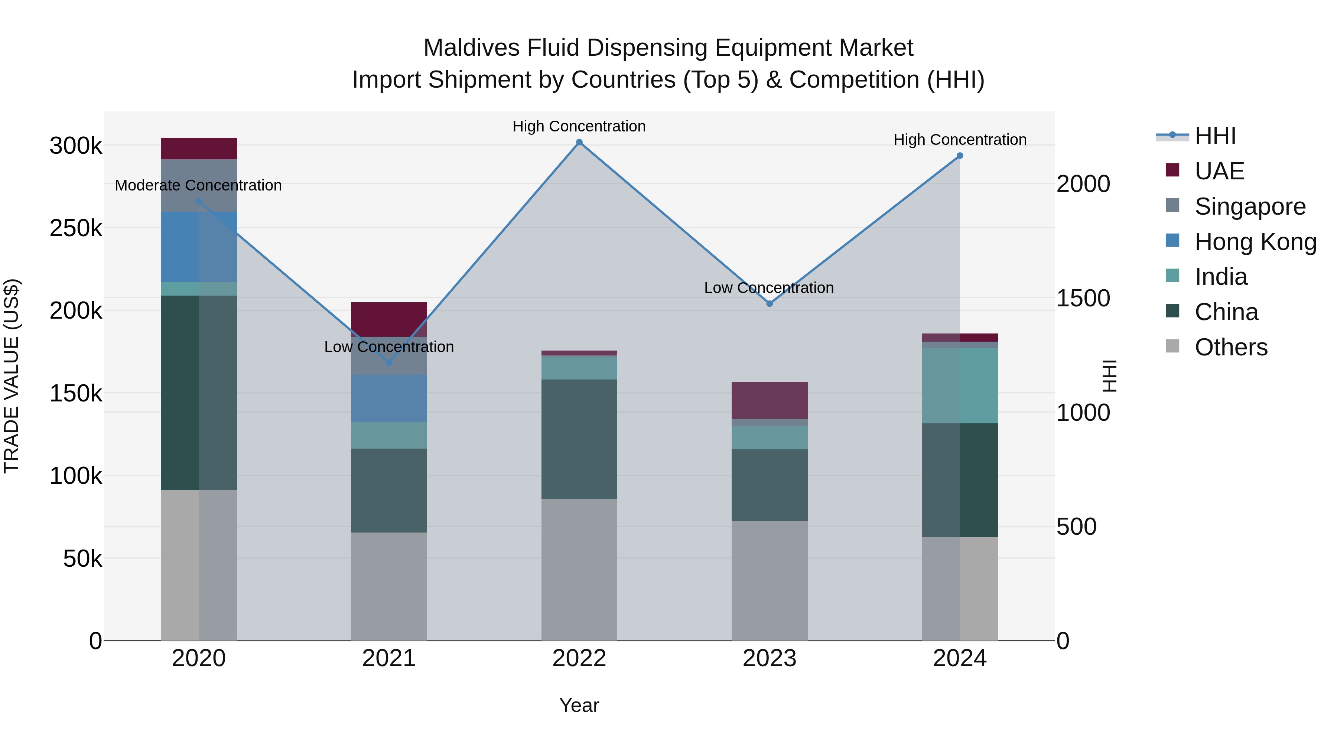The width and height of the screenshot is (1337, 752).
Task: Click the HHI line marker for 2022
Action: pyautogui.click(x=579, y=142)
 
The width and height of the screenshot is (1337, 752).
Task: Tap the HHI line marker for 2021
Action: pyautogui.click(x=389, y=362)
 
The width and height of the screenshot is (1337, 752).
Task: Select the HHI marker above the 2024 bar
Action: pyautogui.click(x=960, y=156)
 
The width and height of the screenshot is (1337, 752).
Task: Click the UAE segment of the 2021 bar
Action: pyautogui.click(x=389, y=319)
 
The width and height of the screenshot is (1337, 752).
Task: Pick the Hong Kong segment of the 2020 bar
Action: pyautogui.click(x=199, y=247)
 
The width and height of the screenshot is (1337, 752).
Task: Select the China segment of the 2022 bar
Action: pyautogui.click(x=579, y=439)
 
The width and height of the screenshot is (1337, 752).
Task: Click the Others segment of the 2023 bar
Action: pyautogui.click(x=769, y=580)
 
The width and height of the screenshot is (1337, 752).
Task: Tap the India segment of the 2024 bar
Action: pyautogui.click(x=960, y=385)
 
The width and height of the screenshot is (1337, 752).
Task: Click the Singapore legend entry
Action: pyautogui.click(x=1250, y=206)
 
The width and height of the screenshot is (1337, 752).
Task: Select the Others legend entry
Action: pyautogui.click(x=1231, y=347)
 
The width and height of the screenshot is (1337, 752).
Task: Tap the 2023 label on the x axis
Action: pyautogui.click(x=769, y=658)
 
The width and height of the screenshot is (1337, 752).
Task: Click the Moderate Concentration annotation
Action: pyautogui.click(x=198, y=185)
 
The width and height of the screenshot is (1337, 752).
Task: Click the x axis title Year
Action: pyautogui.click(x=579, y=705)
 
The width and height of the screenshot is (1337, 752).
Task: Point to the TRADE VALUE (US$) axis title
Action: pyautogui.click(x=12, y=376)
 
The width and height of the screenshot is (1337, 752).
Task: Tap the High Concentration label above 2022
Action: pyautogui.click(x=579, y=126)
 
